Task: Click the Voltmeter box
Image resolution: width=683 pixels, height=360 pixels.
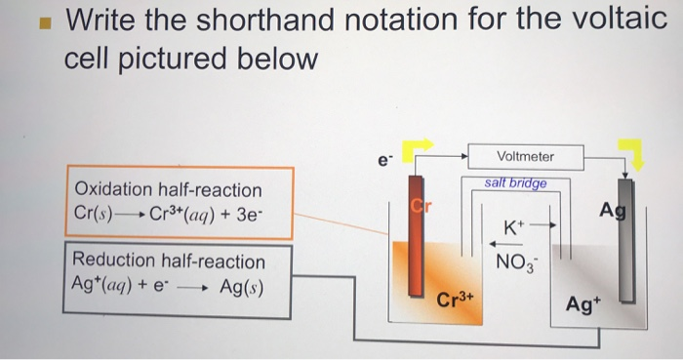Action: pos(525,156)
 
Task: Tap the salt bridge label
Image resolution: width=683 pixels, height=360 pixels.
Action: pos(515,183)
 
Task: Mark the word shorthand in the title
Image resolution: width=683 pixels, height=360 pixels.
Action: pos(230,19)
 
